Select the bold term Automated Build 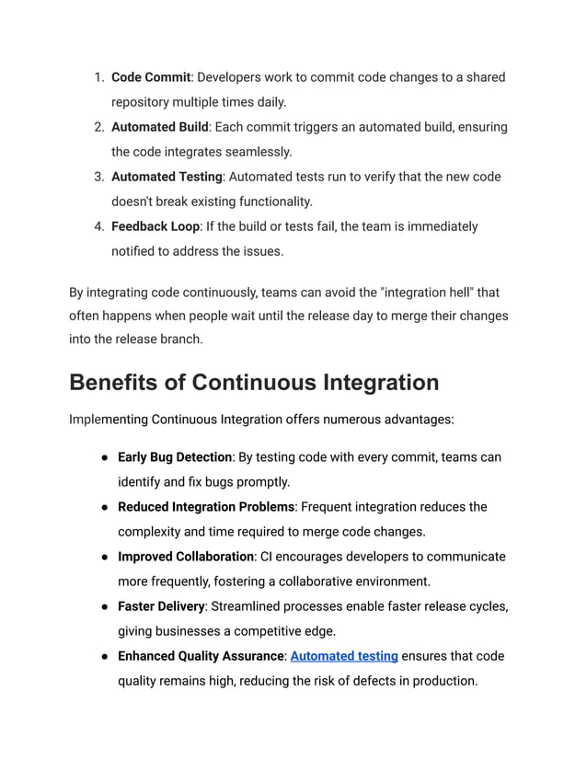coord(160,127)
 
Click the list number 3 coord(98,177)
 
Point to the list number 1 coord(98,77)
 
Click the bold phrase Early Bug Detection coord(175,457)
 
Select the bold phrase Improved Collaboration coord(185,557)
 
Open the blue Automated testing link coord(344,656)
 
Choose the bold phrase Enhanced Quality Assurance coord(201,656)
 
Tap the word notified coord(137,251)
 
